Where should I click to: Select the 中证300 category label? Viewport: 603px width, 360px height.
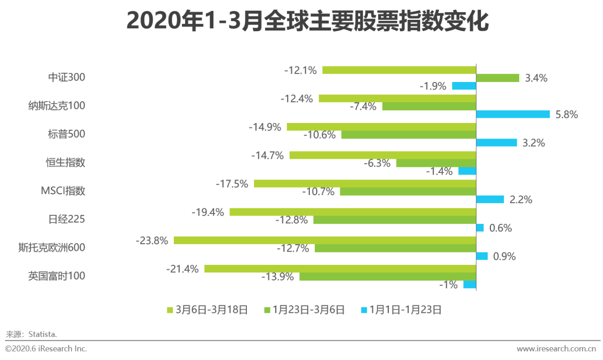[x=66, y=77]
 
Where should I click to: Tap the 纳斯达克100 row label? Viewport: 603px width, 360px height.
[x=57, y=106]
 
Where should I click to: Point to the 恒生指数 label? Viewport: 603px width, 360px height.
[x=66, y=163]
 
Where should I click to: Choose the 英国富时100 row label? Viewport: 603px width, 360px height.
[x=57, y=276]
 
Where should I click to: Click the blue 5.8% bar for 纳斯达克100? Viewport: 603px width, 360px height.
[x=513, y=115]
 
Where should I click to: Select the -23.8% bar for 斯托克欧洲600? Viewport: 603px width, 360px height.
[x=325, y=240]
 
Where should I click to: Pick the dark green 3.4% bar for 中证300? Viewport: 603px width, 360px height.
[x=497, y=78]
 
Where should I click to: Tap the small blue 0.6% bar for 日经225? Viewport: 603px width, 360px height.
[x=480, y=228]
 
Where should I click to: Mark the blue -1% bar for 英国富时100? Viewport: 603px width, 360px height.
[x=470, y=285]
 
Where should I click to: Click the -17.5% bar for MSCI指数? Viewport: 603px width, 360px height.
[x=365, y=184]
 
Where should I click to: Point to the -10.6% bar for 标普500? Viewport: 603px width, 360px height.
[x=408, y=135]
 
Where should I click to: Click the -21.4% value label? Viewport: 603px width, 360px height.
[x=182, y=269]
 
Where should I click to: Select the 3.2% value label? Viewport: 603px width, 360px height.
[x=534, y=143]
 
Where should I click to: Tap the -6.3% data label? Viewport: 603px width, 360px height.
[x=377, y=164]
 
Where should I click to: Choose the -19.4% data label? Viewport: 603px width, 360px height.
[x=208, y=213]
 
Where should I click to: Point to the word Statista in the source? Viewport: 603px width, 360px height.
[x=42, y=334]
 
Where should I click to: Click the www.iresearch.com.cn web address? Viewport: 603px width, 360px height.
[x=556, y=349]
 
